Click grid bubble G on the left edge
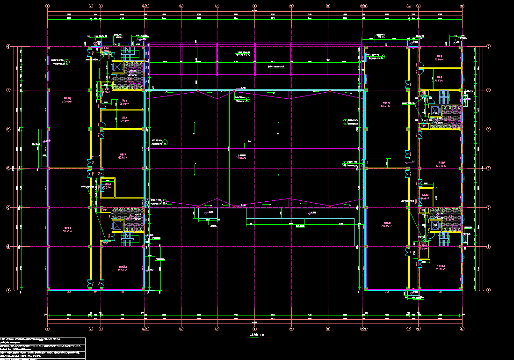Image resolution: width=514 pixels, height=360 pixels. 8,46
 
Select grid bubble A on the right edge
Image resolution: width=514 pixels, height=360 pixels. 489,290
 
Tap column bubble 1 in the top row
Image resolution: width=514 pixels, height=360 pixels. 48,6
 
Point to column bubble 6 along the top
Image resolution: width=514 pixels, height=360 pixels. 181,6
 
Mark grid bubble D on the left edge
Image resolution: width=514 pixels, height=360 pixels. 8,168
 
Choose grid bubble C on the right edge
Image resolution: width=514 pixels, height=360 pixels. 489,207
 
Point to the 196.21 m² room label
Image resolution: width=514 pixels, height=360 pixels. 386,105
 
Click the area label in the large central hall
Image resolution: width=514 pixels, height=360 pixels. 241,157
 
